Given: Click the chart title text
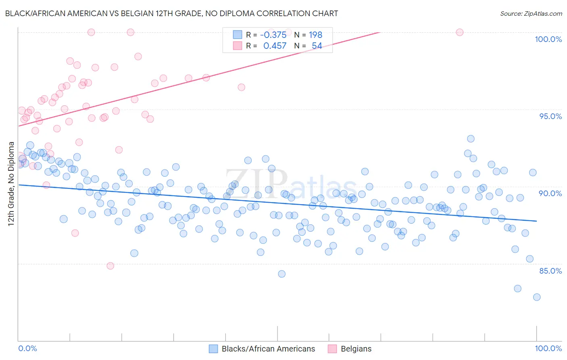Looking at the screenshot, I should click(171, 13).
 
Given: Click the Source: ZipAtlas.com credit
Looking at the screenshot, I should click(531, 13).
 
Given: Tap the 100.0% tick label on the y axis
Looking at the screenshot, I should click(548, 39).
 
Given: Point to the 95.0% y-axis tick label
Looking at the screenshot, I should click(550, 116).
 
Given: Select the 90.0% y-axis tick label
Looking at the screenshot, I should click(550, 193).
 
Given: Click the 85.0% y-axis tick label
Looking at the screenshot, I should click(550, 271).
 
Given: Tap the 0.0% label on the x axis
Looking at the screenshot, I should click(28, 348).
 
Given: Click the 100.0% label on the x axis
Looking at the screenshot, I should click(548, 348).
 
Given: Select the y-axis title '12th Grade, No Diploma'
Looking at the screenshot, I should click(11, 184).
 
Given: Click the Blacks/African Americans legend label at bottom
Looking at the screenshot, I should click(268, 349).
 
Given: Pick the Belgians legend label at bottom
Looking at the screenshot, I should click(356, 349).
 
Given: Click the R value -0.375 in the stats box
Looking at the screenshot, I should click(273, 35).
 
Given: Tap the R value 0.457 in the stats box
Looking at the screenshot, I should click(275, 46).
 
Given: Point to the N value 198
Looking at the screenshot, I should click(315, 35).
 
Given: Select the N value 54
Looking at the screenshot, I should click(317, 46).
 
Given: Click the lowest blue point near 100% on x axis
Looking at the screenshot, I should click(537, 297).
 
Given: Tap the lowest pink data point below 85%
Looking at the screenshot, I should click(110, 266).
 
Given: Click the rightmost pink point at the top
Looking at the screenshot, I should click(460, 32).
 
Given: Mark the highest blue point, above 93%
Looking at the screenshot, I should click(471, 139).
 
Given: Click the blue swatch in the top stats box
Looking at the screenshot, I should click(238, 35).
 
